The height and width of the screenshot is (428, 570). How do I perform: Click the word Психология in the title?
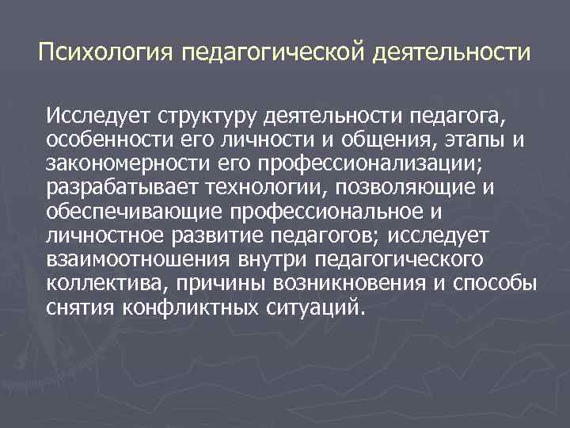click(105, 55)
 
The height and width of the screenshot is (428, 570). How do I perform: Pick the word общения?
click(375, 141)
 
